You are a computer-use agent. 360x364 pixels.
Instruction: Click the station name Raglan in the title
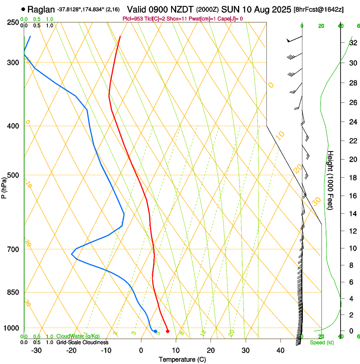[42, 9]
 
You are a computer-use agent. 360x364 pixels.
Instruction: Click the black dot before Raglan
[23, 9]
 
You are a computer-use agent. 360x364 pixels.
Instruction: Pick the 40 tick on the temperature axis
[280, 350]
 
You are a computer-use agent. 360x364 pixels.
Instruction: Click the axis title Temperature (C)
[182, 359]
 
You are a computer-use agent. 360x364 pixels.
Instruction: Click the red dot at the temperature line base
[168, 331]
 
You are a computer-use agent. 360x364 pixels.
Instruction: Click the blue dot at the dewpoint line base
[155, 331]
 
